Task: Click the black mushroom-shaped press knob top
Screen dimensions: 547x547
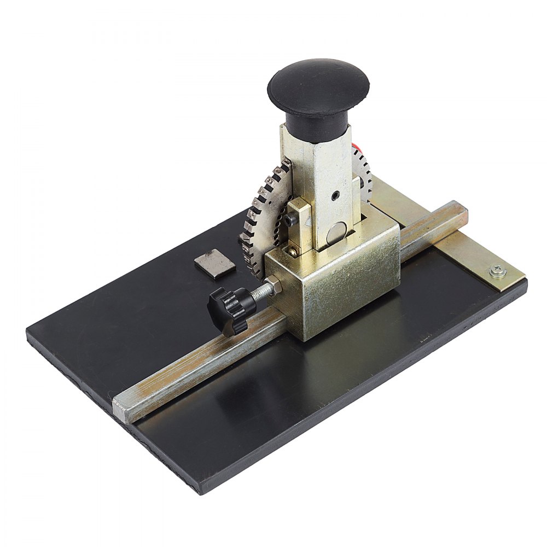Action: (318, 85)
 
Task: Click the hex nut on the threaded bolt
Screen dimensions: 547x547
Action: (275, 286)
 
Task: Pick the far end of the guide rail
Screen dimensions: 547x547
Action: (462, 211)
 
